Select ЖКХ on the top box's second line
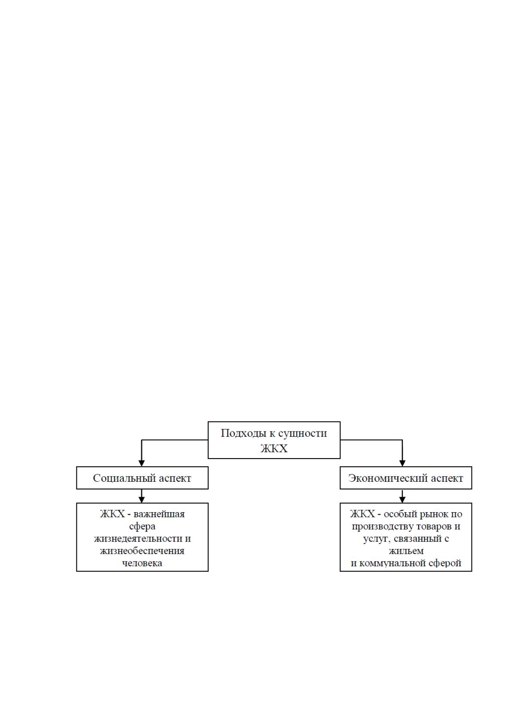pos(274,449)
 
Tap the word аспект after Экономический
pos(446,478)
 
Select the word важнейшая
pos(159,514)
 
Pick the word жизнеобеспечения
pos(142,551)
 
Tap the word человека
pos(142,563)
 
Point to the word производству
pos(383,527)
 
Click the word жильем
pos(406,551)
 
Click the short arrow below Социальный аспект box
pos(141,496)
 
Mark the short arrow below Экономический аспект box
pos(402,496)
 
